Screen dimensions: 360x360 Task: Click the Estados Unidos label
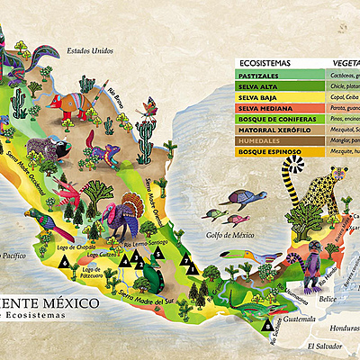[x=90, y=51]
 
